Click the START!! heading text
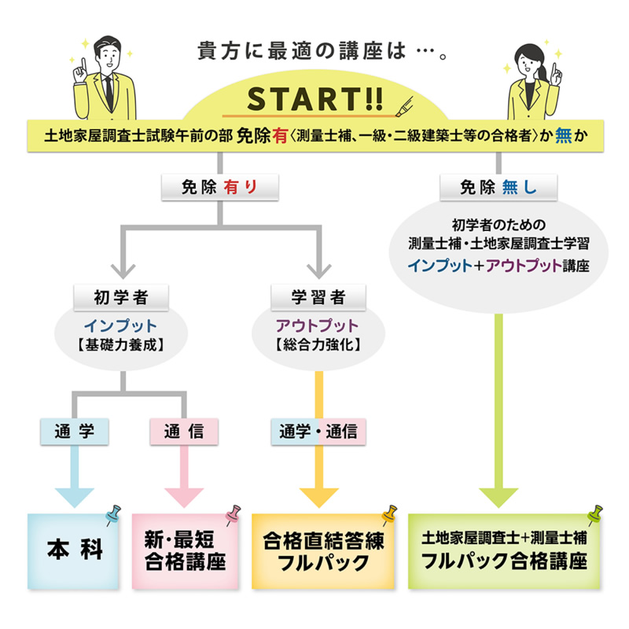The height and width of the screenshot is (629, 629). tap(315, 99)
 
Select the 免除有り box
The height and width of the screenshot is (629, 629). tap(220, 187)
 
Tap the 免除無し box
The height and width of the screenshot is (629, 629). tap(498, 187)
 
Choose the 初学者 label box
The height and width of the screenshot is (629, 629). tap(121, 298)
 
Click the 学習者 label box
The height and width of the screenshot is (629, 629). tap(318, 298)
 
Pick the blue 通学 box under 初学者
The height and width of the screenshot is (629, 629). tap(75, 432)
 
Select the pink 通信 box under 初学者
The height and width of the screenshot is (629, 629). tap(184, 432)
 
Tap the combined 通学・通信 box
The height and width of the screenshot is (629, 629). tap(318, 432)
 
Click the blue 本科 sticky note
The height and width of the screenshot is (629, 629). tap(73, 551)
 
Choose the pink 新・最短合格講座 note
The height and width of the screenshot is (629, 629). tap(186, 551)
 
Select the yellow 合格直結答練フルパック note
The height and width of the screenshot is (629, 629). tap(323, 551)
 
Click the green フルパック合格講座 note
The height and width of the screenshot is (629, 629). tap(504, 551)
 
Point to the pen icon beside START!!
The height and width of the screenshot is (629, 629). tap(404, 107)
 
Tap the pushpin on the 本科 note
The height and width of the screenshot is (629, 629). tap(113, 515)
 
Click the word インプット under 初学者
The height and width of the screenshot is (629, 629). tap(120, 326)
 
